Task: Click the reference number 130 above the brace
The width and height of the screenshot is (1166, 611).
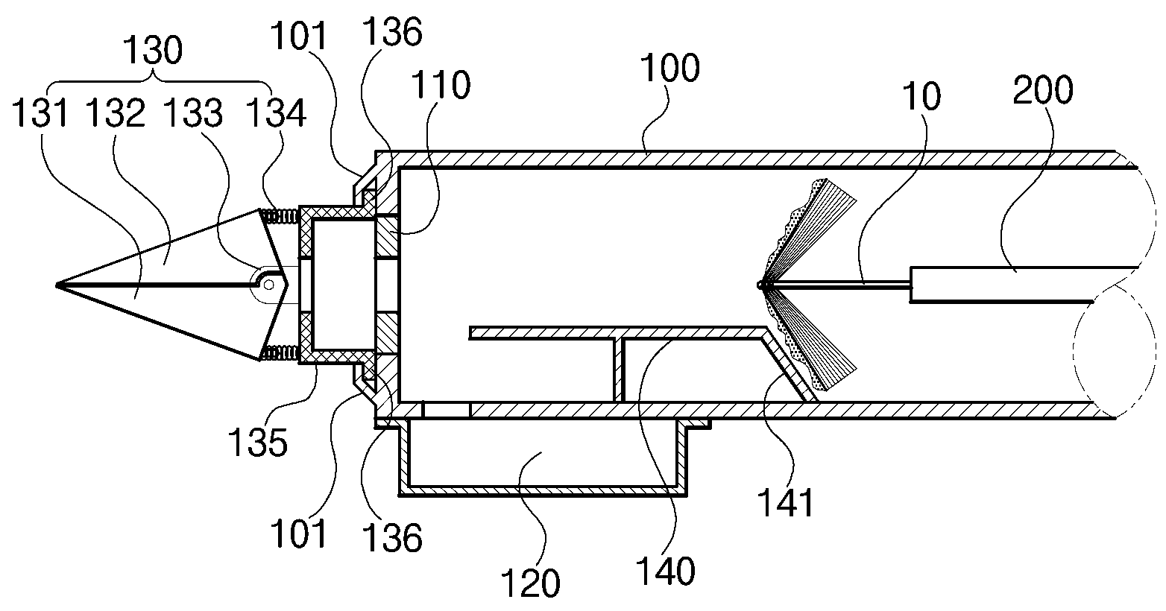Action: click(153, 50)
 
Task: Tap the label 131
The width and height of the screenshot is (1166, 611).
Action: click(40, 113)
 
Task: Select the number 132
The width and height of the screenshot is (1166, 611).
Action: click(115, 113)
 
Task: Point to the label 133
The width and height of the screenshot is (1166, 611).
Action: click(193, 113)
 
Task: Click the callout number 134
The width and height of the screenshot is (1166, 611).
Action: click(276, 113)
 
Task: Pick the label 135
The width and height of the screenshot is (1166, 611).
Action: click(258, 443)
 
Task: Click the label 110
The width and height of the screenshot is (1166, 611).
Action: click(441, 85)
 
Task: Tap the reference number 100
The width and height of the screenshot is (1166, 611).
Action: click(669, 68)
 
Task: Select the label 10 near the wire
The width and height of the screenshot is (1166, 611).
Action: click(921, 96)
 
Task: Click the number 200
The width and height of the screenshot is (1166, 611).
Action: click(1043, 89)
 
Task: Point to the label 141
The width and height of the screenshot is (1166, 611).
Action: click(786, 502)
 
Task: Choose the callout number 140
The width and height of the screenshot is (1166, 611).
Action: click(665, 571)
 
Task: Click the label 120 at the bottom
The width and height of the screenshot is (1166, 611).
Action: click(530, 583)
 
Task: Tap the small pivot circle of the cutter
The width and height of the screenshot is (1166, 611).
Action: click(269, 285)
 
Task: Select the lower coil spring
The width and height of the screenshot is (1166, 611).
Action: click(280, 354)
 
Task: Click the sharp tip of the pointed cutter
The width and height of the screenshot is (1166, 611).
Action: click(56, 285)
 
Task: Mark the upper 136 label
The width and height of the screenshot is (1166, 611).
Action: click(391, 32)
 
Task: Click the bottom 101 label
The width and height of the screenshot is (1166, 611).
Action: click(298, 534)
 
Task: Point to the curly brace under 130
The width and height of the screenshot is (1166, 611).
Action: click(160, 81)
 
